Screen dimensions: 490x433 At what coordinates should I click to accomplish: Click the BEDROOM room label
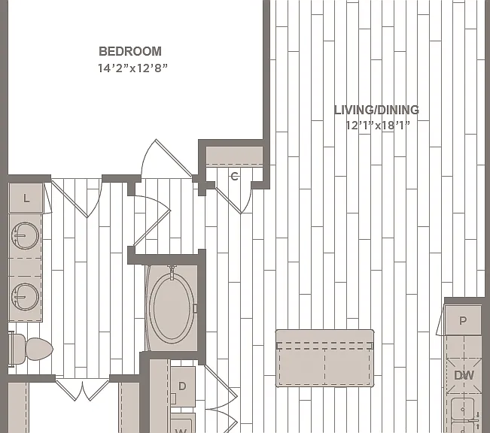click(x=130, y=51)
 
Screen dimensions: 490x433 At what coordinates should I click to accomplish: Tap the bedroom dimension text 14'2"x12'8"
click(x=132, y=68)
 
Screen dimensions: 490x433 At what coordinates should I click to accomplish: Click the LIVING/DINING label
click(x=376, y=110)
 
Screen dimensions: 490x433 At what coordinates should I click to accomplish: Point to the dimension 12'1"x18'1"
click(x=378, y=126)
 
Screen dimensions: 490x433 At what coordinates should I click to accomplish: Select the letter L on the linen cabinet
click(x=26, y=198)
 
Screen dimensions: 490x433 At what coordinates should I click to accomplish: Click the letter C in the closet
click(x=234, y=177)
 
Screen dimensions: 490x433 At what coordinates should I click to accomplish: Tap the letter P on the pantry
click(x=463, y=320)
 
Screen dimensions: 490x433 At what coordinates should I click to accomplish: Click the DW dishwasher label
click(x=464, y=375)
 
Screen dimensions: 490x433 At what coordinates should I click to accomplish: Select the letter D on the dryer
click(x=182, y=386)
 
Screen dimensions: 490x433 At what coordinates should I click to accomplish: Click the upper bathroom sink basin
click(x=25, y=235)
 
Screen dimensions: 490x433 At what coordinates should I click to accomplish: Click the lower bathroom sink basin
click(x=25, y=297)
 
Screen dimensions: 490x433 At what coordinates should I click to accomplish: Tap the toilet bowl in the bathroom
click(x=38, y=349)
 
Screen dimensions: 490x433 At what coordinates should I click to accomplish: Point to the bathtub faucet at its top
click(x=172, y=271)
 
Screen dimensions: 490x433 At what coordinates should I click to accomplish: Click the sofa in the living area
click(x=324, y=358)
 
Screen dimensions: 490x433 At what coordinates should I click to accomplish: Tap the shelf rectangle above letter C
click(x=234, y=156)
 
